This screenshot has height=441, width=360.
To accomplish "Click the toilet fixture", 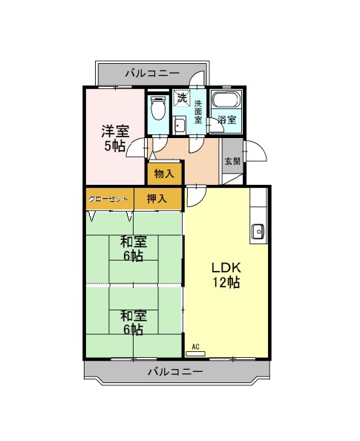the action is [x=157, y=108].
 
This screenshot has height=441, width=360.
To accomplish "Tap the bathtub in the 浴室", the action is [x=226, y=99].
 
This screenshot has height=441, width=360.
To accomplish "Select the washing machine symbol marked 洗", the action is [x=182, y=98].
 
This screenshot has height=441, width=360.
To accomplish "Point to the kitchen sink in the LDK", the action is [x=258, y=232].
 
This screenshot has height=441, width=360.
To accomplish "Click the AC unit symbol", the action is [x=196, y=353].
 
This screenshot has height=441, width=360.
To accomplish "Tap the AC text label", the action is [x=195, y=347].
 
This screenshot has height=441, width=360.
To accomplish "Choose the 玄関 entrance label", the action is [x=232, y=162].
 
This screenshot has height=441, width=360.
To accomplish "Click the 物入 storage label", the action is [x=164, y=174].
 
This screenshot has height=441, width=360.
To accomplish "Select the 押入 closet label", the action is [x=157, y=199].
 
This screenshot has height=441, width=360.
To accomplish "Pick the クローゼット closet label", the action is [x=108, y=200].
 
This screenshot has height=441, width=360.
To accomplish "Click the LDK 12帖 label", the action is [x=226, y=275].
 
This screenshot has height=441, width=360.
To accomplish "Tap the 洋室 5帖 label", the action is [x=115, y=138].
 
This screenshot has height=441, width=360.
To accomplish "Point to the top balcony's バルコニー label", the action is [x=152, y=73].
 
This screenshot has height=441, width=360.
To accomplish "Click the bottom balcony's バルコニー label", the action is [x=175, y=372].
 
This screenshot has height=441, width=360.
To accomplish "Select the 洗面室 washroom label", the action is [x=198, y=111].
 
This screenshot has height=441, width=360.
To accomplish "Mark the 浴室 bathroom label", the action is [x=227, y=120].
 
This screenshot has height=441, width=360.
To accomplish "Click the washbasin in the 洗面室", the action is [x=179, y=125].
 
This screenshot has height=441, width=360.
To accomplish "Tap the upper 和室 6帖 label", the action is [x=134, y=249].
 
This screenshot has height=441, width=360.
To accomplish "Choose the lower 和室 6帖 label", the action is [x=134, y=323].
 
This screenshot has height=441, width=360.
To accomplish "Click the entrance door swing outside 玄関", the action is [x=255, y=151].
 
